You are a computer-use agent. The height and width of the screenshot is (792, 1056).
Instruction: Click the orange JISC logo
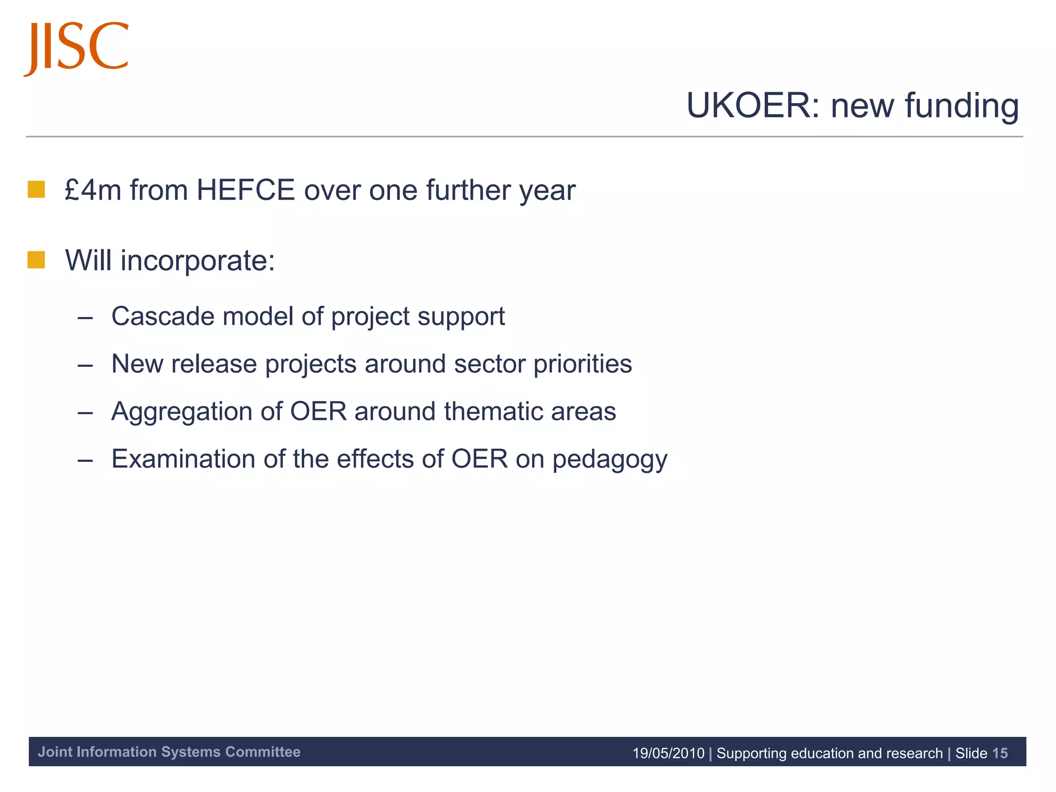click(76, 47)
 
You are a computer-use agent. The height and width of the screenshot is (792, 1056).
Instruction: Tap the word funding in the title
click(962, 107)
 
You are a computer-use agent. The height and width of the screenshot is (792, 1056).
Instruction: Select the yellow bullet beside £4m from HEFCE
click(36, 189)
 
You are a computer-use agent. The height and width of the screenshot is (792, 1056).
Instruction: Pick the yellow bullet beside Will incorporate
click(36, 260)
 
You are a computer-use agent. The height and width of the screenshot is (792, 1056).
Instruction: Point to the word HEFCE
click(245, 190)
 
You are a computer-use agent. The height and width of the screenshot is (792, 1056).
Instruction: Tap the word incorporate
click(198, 261)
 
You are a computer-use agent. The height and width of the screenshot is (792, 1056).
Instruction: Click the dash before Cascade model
click(85, 318)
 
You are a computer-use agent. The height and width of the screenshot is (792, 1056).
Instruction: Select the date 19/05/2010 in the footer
click(668, 753)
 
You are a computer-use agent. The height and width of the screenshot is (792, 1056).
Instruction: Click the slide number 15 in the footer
click(1000, 753)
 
